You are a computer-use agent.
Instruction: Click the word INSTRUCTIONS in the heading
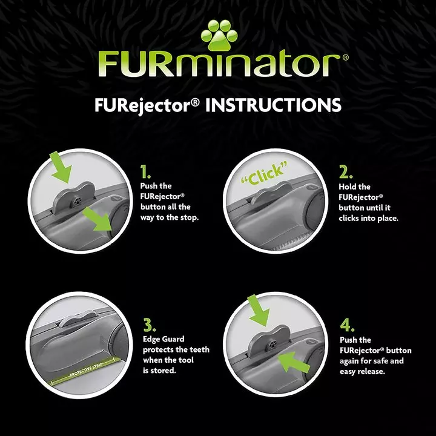(x=274, y=105)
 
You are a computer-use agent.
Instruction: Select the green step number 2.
(x=345, y=173)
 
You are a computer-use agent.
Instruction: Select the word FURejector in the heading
(x=148, y=105)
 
